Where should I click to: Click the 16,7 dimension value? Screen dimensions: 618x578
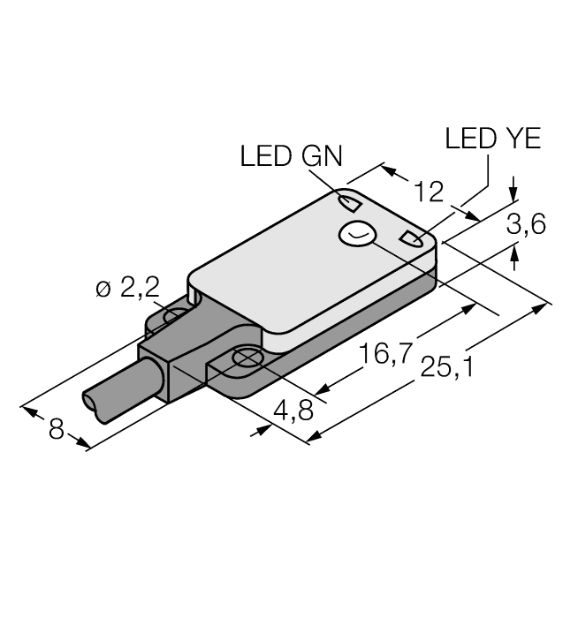(386, 354)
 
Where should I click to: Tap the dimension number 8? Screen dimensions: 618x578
(57, 430)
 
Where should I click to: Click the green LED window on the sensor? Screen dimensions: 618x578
(350, 205)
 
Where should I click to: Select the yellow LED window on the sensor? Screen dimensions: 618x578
(412, 237)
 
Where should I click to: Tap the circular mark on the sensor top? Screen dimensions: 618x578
(358, 235)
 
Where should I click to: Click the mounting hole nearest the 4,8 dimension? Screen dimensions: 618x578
(245, 358)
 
